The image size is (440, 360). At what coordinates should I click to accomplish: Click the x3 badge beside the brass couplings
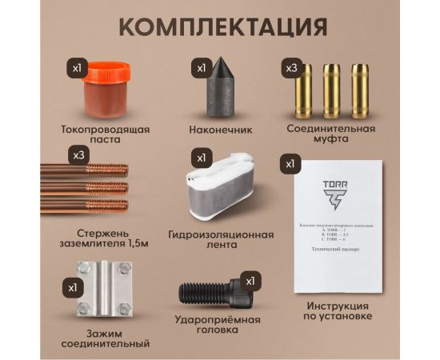pos(292,69)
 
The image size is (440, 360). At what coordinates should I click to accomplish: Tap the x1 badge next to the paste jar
pos(78,69)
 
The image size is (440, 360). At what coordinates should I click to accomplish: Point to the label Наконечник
pos(221,128)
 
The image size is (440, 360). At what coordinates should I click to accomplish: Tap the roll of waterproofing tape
pos(222,190)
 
